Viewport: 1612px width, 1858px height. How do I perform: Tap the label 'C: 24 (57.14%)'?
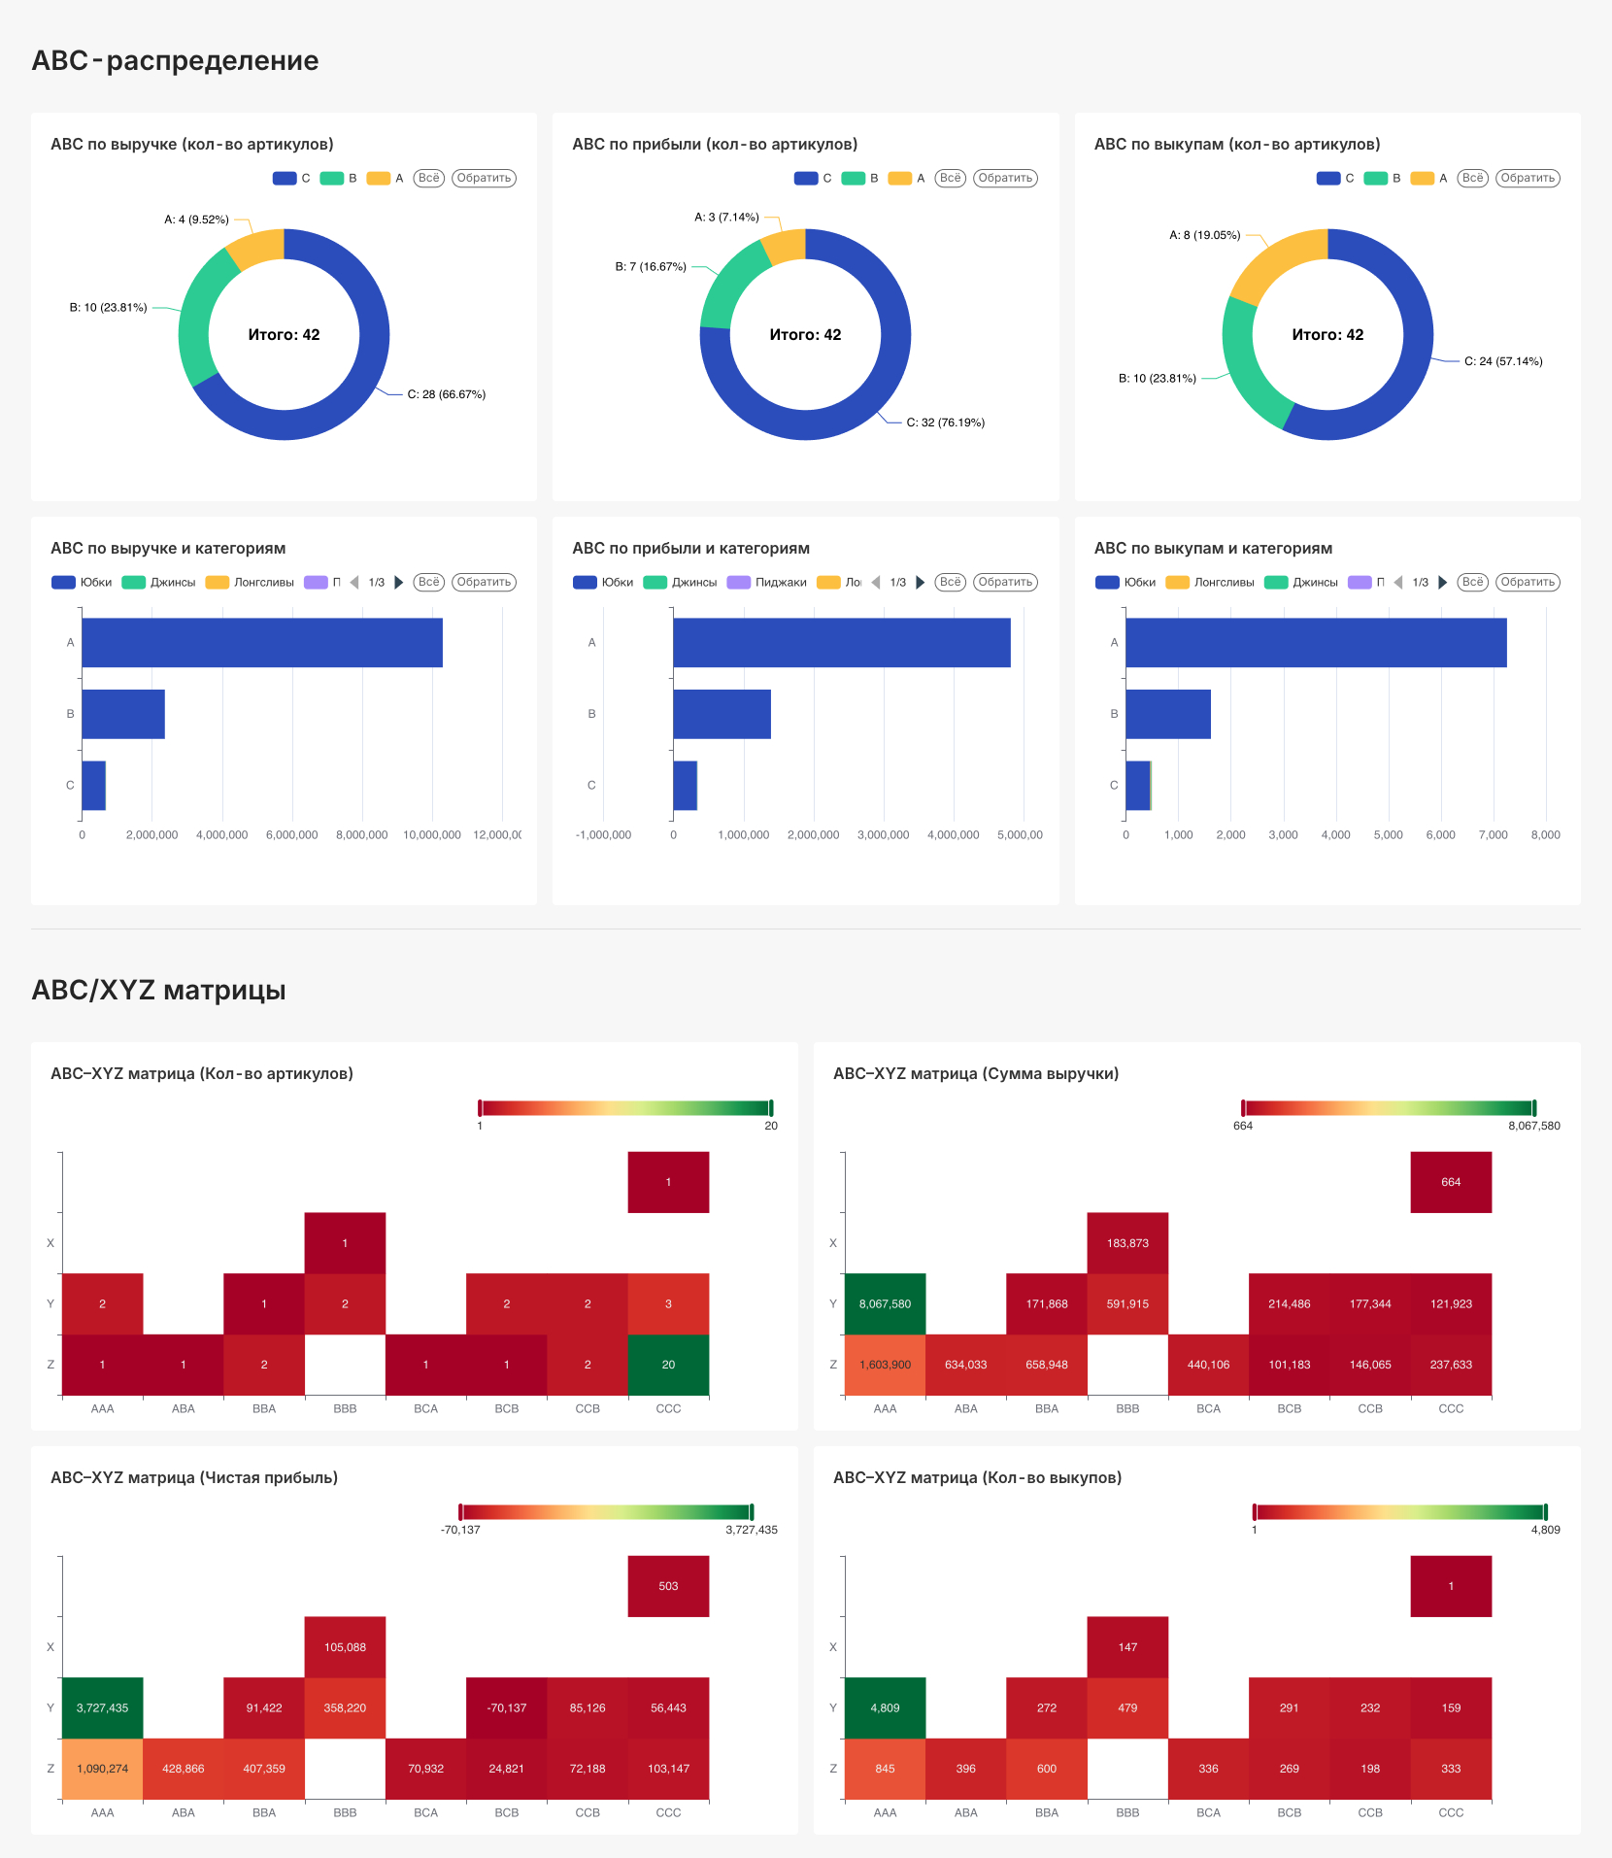(x=1503, y=361)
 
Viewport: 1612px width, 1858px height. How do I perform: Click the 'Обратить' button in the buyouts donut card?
(x=1528, y=178)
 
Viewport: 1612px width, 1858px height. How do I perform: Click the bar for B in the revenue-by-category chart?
(x=123, y=714)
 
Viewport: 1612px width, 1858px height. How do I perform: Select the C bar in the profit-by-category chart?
(x=685, y=785)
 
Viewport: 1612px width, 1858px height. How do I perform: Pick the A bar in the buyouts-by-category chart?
(x=1316, y=643)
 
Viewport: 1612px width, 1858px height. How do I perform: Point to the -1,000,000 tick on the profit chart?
(x=603, y=835)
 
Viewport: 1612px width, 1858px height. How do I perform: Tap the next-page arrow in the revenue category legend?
(x=398, y=583)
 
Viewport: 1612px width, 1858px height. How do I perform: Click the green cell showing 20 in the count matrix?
(x=668, y=1365)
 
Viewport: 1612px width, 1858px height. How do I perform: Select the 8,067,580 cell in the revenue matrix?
(x=885, y=1303)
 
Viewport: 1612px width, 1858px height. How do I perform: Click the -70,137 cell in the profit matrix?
(x=507, y=1707)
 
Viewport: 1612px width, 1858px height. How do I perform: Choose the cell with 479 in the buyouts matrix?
(x=1127, y=1707)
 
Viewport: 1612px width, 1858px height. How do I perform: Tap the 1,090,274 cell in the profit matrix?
(x=102, y=1769)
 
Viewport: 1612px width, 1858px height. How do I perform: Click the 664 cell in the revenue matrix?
(x=1451, y=1182)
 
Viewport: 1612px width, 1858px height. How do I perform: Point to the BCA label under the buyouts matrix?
(x=1208, y=1812)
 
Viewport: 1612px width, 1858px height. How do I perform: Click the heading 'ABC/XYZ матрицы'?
(x=158, y=990)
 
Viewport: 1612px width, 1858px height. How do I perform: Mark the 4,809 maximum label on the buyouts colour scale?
(x=1545, y=1530)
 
